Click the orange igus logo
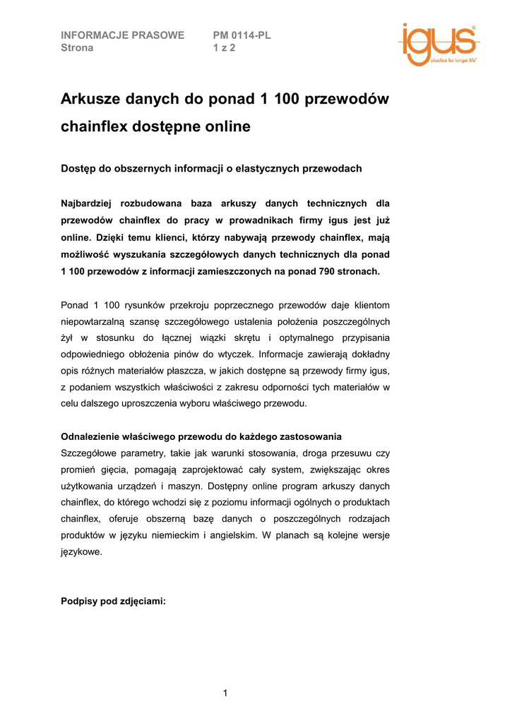click(437, 44)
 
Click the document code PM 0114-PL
click(242, 35)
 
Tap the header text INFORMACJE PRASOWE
click(123, 35)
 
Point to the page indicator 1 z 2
click(224, 48)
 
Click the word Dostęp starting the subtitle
click(80, 169)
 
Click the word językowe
click(82, 553)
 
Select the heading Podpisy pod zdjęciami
click(114, 602)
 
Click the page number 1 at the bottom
click(225, 693)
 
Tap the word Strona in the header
click(77, 48)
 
